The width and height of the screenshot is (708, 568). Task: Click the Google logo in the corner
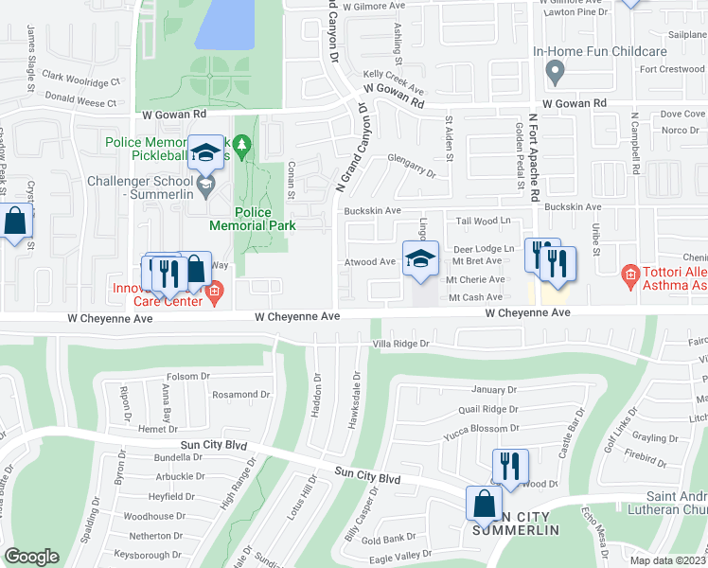pyautogui.click(x=31, y=557)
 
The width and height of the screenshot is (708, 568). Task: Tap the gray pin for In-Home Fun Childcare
pyautogui.click(x=556, y=70)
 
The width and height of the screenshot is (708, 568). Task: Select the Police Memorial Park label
pyautogui.click(x=253, y=219)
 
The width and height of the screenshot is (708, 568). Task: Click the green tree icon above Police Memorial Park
pyautogui.click(x=243, y=145)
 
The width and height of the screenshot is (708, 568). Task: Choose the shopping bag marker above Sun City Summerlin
pyautogui.click(x=484, y=505)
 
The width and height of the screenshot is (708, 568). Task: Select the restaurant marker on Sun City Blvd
pyautogui.click(x=509, y=467)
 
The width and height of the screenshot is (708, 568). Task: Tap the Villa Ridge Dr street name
pyautogui.click(x=400, y=344)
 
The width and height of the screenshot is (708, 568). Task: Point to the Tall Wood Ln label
pyautogui.click(x=483, y=221)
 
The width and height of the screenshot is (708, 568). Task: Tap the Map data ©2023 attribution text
pyautogui.click(x=667, y=560)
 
